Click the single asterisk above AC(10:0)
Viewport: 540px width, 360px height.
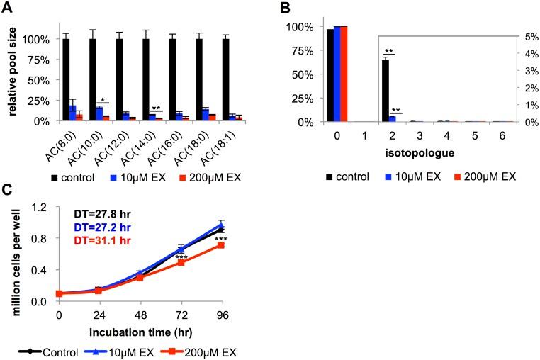pyautogui.click(x=103, y=99)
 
